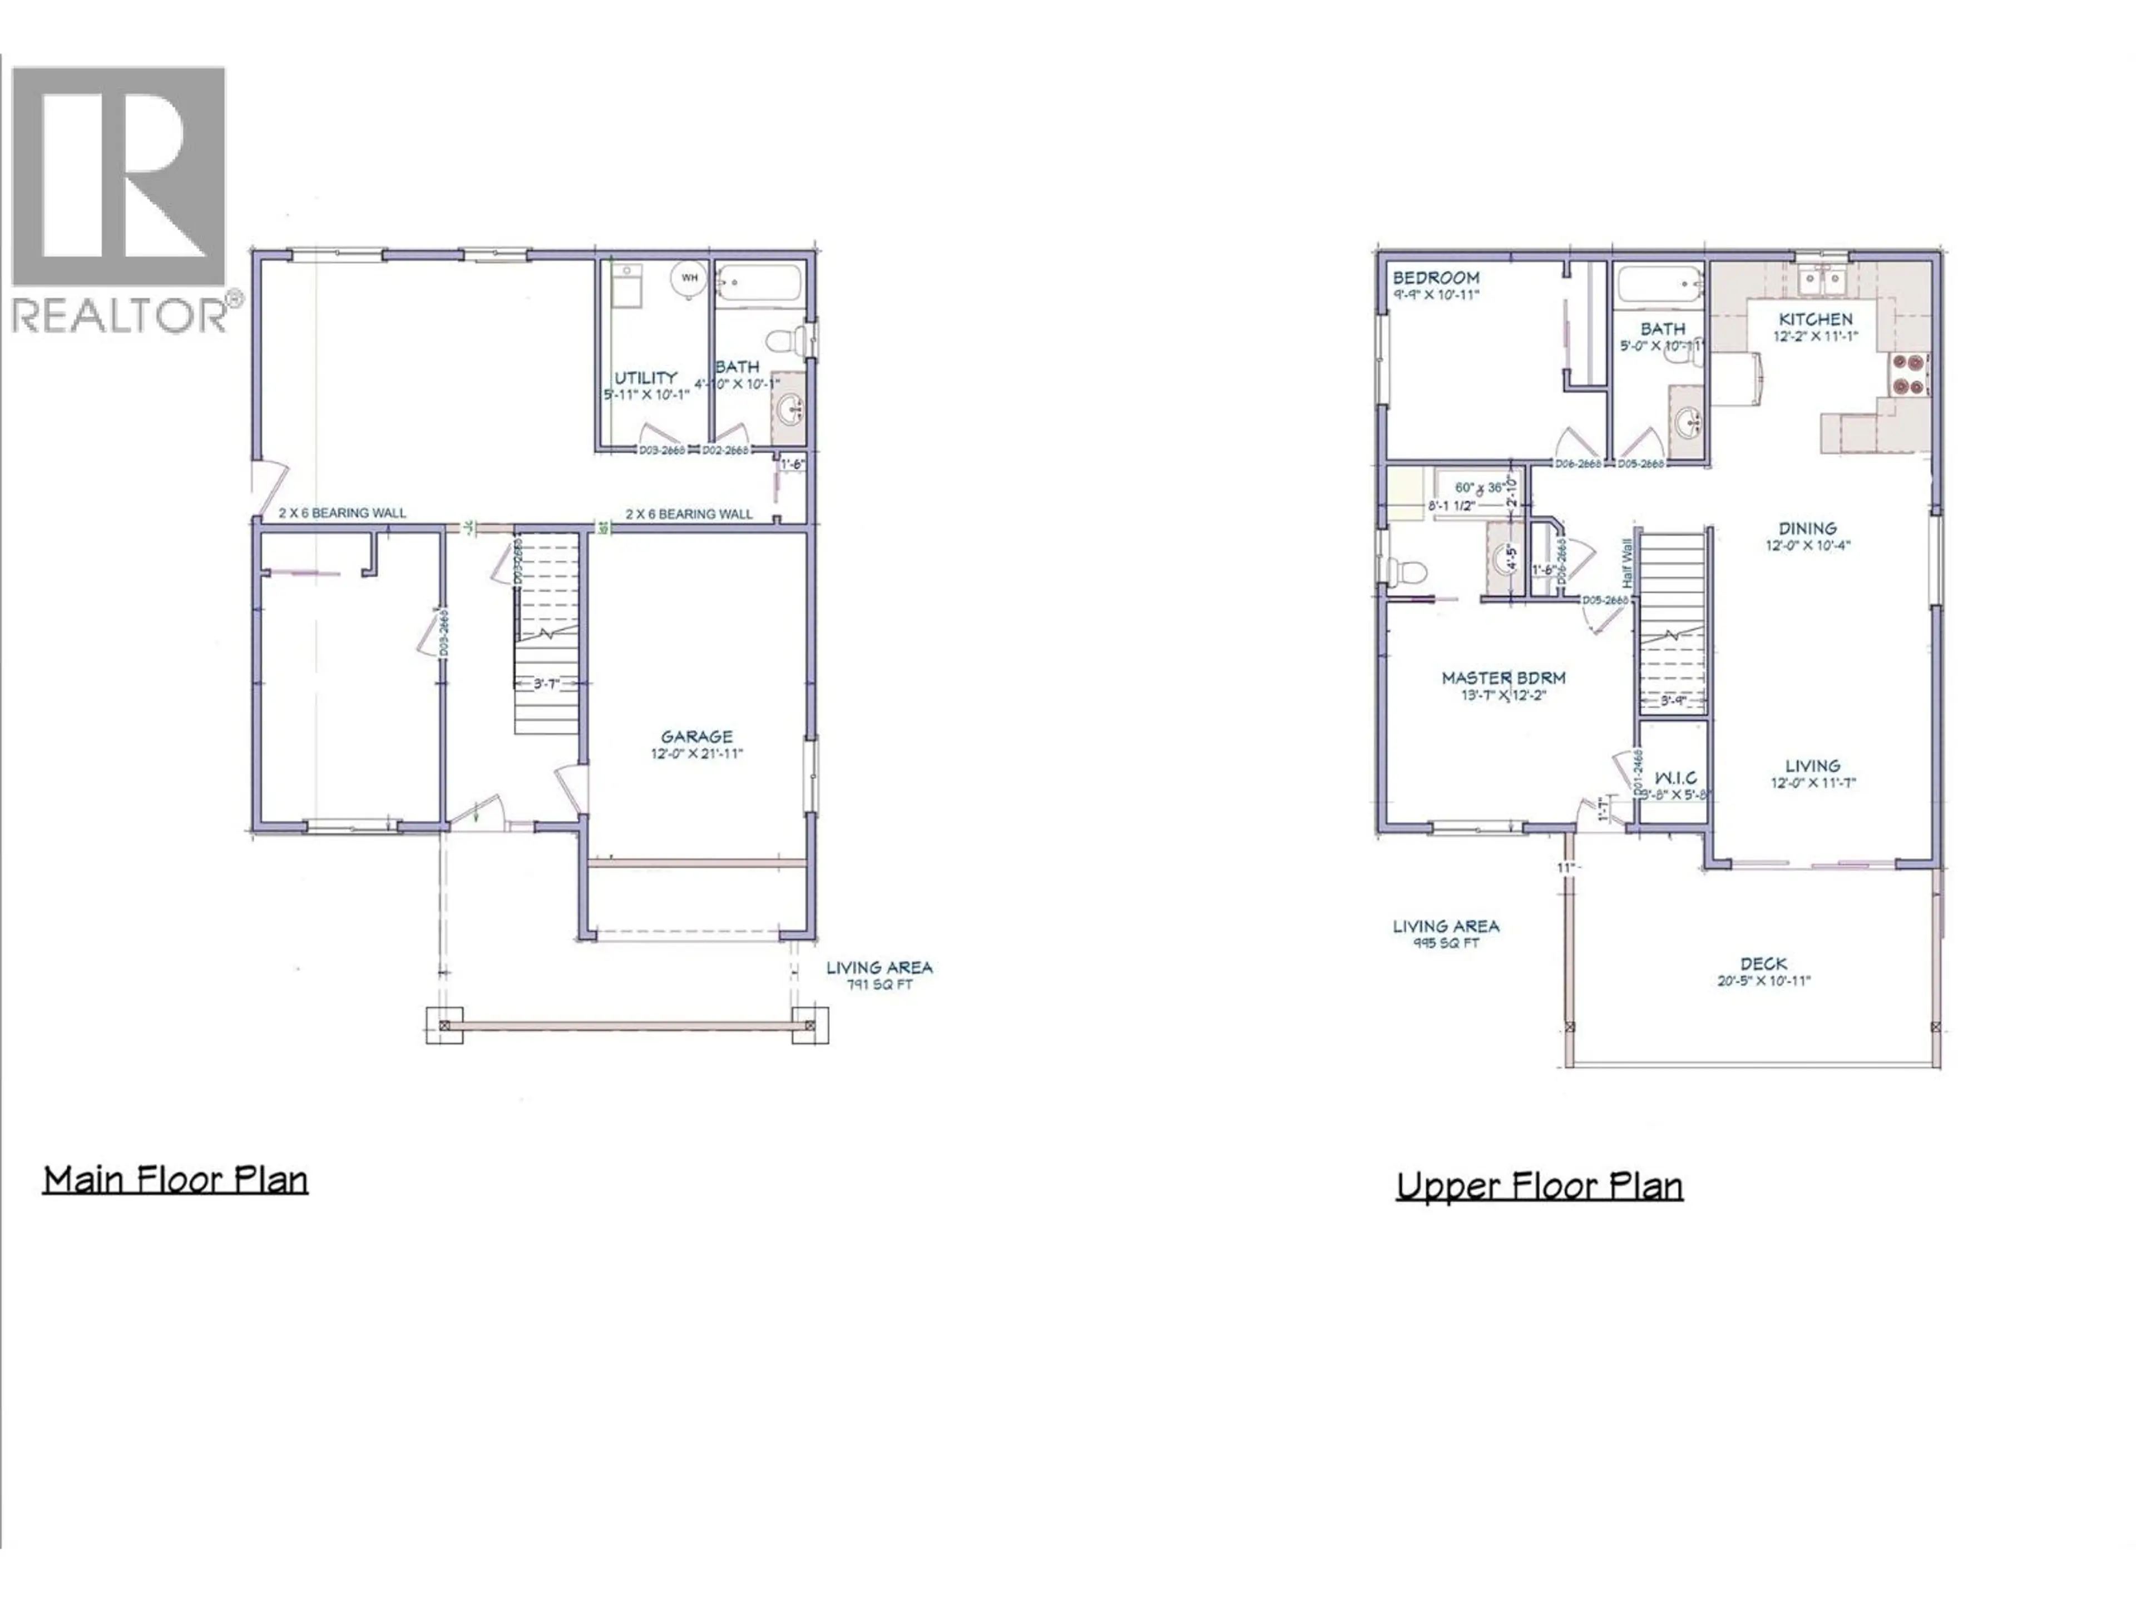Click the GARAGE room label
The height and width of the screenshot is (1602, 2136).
click(696, 737)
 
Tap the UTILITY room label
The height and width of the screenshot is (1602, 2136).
click(645, 378)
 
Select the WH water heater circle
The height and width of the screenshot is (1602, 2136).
click(689, 278)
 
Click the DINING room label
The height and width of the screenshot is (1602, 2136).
click(1807, 528)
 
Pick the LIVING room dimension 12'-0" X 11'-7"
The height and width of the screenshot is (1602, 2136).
click(1812, 783)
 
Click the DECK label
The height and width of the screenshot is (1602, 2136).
click(1763, 964)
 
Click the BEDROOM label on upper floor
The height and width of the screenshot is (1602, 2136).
click(1435, 278)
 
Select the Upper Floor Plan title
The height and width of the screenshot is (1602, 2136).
click(1539, 1187)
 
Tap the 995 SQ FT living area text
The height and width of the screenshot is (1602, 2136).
click(1446, 943)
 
